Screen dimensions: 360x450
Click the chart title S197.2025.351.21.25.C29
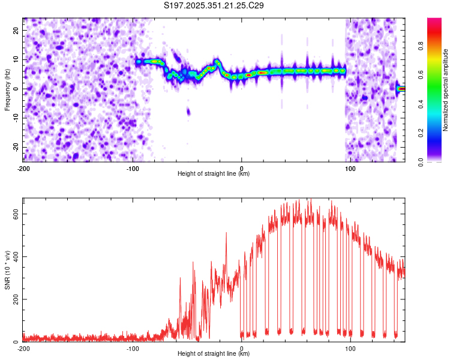pyautogui.click(x=214, y=6)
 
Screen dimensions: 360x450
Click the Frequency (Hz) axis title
pyautogui.click(x=7, y=89)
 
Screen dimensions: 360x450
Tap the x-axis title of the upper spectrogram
pyautogui.click(x=214, y=174)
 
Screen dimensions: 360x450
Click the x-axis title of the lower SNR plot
pyautogui.click(x=214, y=355)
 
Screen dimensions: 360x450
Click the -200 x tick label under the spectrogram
pyautogui.click(x=23, y=168)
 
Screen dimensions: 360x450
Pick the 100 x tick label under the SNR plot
pyautogui.click(x=350, y=349)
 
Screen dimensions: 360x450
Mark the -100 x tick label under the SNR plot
pyautogui.click(x=132, y=349)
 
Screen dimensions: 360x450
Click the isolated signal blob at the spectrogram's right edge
pyautogui.click(x=401, y=89)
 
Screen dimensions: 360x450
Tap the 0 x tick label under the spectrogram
pyautogui.click(x=242, y=168)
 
